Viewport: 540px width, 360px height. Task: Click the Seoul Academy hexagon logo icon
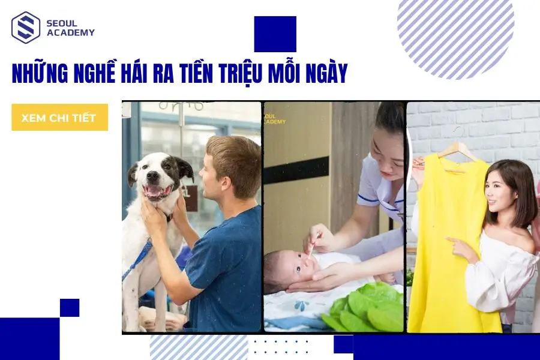[x=26, y=28]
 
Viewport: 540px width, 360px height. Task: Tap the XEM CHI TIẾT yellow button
[x=59, y=118]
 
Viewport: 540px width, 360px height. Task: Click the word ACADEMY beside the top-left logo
[x=70, y=32]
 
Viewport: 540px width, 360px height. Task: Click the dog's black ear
[x=183, y=169]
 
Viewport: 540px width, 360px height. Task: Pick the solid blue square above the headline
[x=275, y=34]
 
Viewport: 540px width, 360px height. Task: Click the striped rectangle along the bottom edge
[x=199, y=347]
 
